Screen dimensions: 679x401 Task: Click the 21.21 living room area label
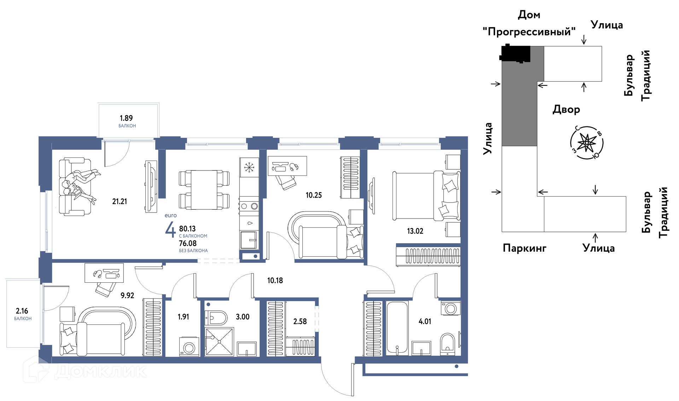(120, 202)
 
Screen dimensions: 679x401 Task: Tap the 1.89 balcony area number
(126, 118)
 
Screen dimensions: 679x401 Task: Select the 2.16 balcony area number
(22, 311)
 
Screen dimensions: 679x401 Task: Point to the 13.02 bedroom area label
(415, 231)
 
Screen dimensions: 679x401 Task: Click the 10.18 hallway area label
(275, 281)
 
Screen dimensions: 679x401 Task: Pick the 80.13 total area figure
(187, 229)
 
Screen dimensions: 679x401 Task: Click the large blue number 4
(170, 230)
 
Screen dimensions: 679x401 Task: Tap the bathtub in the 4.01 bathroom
(397, 328)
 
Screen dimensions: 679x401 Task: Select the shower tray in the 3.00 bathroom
(220, 342)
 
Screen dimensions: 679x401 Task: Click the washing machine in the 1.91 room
(189, 347)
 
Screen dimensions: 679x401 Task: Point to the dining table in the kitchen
(204, 190)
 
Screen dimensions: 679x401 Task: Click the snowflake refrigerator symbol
(249, 167)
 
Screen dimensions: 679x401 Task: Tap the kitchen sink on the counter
(249, 240)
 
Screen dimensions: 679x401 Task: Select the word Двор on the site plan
(566, 109)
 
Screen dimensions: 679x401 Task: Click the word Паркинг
(524, 248)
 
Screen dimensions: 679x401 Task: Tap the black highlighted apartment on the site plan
(516, 54)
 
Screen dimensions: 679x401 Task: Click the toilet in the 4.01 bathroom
(448, 344)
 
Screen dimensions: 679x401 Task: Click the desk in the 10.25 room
(287, 166)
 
